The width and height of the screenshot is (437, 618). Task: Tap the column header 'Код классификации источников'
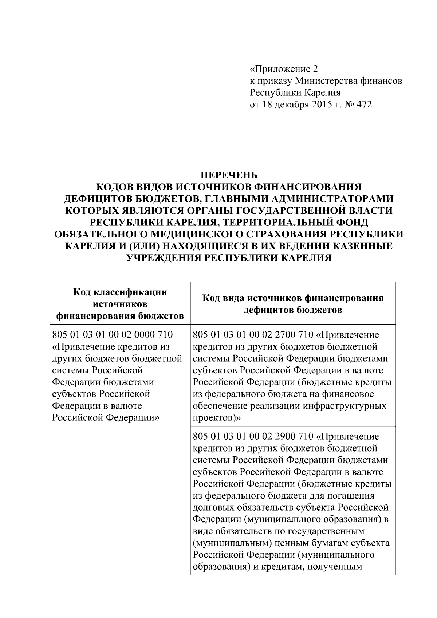click(x=120, y=298)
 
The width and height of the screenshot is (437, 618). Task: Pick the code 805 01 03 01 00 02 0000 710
click(x=113, y=334)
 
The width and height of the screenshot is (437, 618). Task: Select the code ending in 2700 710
click(x=253, y=334)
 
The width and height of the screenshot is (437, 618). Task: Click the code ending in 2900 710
click(x=253, y=436)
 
